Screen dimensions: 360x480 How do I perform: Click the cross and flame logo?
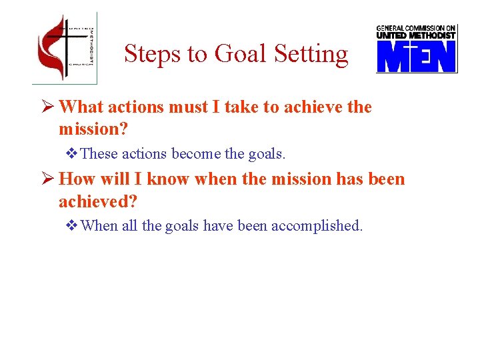point(64,48)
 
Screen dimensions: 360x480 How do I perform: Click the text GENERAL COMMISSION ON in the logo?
point(416,28)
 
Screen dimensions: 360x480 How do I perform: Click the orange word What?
point(81,107)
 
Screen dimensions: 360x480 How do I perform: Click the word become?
point(196,154)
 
